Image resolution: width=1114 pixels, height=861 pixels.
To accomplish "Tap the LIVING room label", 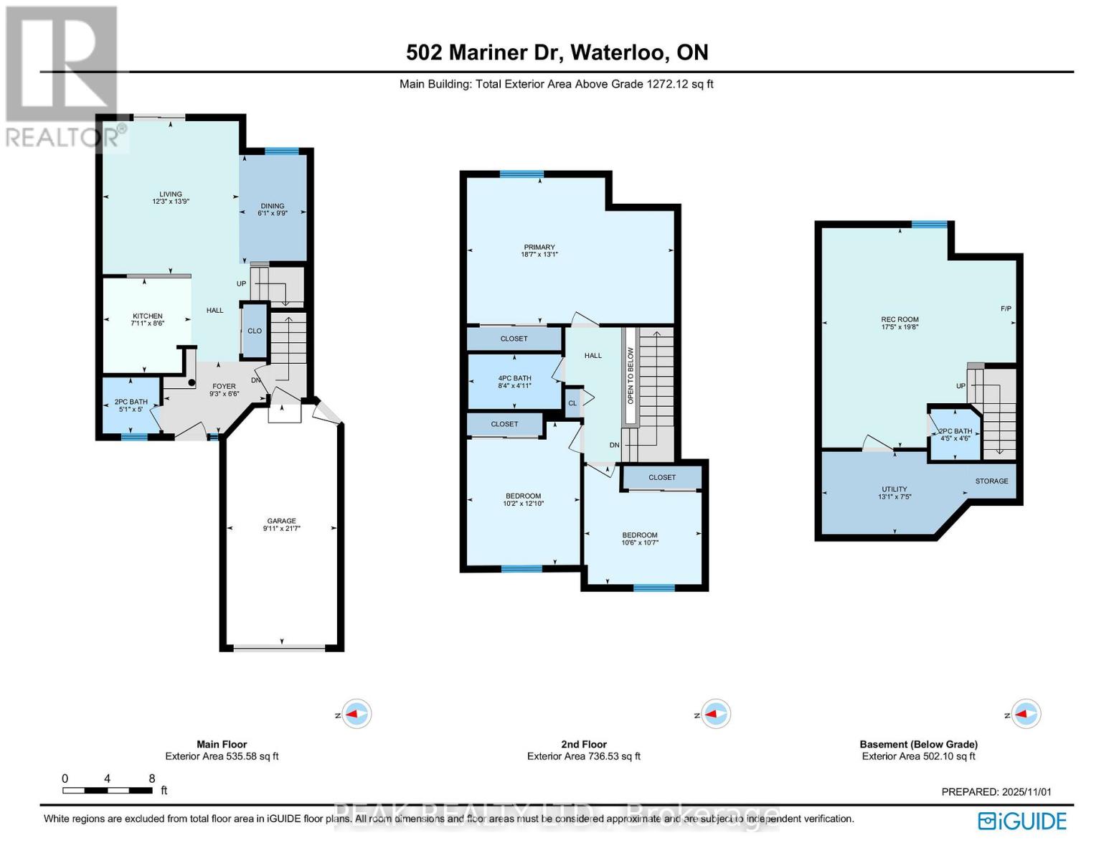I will (171, 194).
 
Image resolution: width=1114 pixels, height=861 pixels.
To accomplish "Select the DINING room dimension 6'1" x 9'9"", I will (273, 213).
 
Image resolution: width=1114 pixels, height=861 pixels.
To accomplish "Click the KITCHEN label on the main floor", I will (147, 316).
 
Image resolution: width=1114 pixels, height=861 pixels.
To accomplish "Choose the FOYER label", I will (224, 386).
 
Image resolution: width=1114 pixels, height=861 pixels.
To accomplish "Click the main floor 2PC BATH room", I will (131, 406).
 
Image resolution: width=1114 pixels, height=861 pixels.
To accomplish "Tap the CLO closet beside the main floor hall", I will (255, 331).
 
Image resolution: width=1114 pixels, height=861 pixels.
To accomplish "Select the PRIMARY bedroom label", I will (539, 247).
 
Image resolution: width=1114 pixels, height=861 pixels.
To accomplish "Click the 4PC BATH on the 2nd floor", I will (514, 382).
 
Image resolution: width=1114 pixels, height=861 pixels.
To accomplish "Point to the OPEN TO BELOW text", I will (631, 376).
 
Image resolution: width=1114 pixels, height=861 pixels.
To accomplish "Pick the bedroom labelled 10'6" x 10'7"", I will (639, 539).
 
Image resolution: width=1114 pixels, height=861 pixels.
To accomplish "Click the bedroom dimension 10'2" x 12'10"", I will (524, 504).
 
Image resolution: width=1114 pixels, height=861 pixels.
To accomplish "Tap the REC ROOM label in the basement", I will (900, 319).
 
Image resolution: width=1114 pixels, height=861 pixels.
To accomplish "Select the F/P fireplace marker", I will (1006, 309).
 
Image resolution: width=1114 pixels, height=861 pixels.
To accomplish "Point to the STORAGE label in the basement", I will (991, 481).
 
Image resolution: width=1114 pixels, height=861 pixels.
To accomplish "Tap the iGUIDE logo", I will (1023, 821).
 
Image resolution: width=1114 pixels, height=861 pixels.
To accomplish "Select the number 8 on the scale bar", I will (151, 778).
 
